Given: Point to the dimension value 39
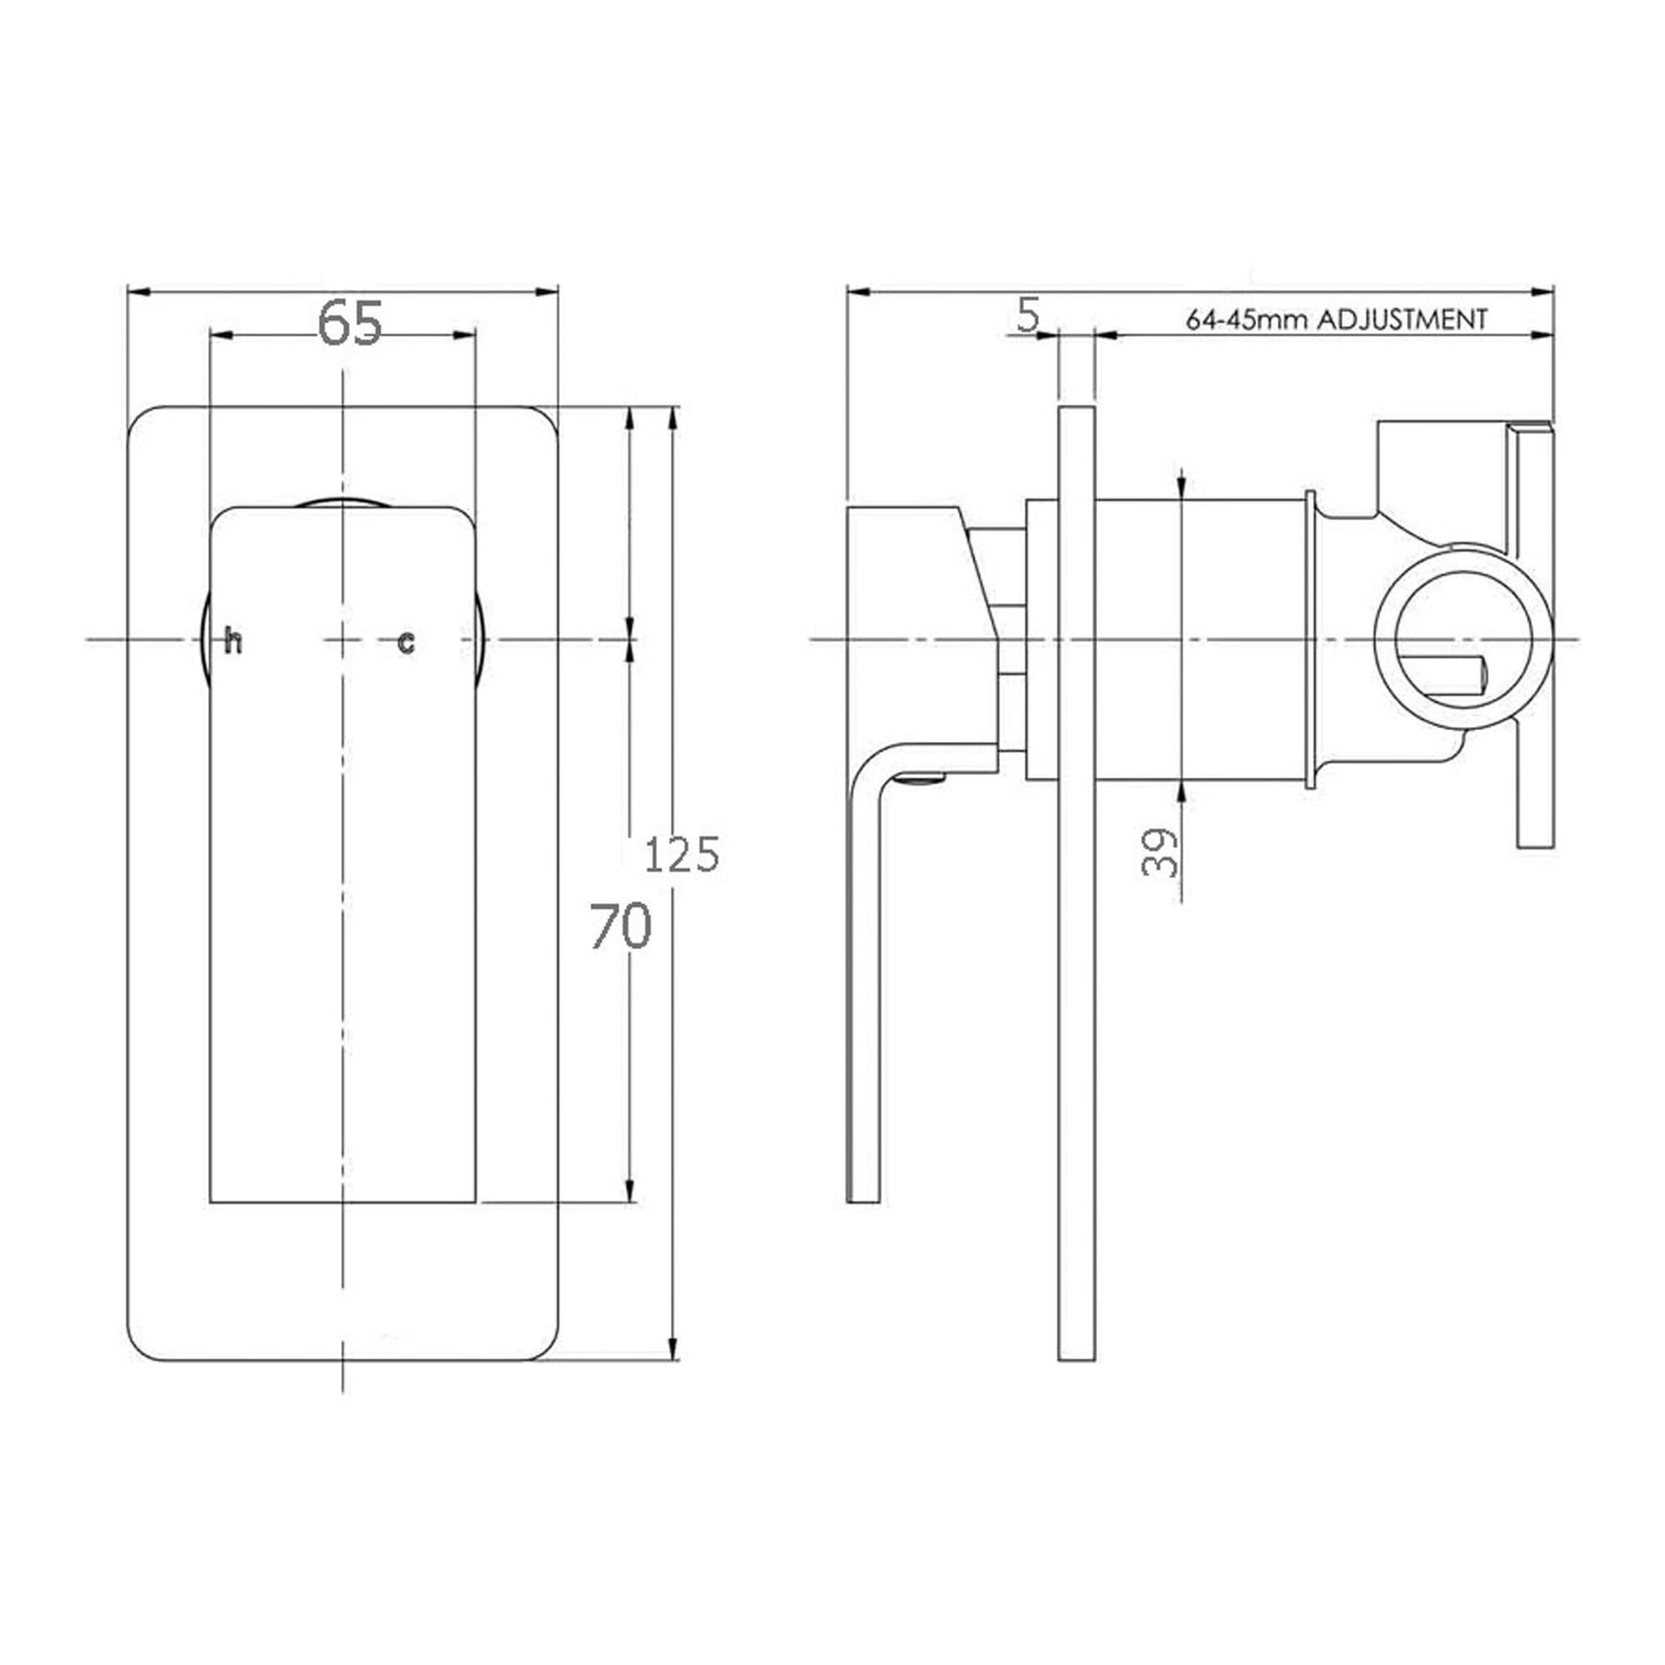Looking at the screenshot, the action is (x=1160, y=852).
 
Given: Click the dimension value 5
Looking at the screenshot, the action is (x=1029, y=314).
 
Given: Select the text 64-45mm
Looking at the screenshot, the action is (x=1247, y=321).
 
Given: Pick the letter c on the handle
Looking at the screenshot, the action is (x=406, y=642).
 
